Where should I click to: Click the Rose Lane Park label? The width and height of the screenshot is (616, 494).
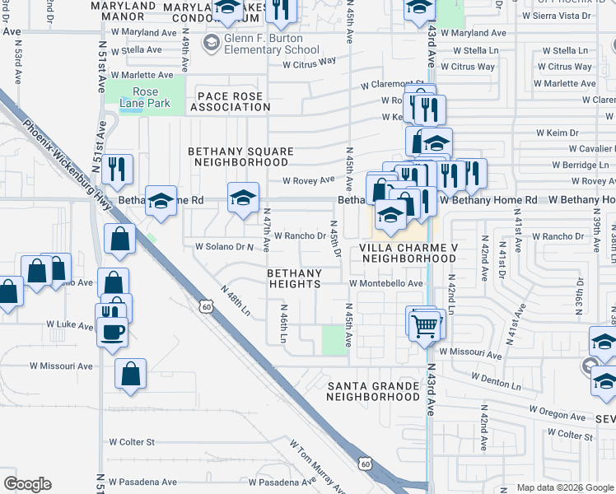pyautogui.click(x=147, y=97)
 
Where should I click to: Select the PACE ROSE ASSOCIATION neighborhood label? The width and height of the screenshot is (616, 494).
pyautogui.click(x=228, y=101)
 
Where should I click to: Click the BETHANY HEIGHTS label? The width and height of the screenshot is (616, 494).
pyautogui.click(x=293, y=278)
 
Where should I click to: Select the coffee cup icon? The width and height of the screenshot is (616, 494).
pyautogui.click(x=114, y=331)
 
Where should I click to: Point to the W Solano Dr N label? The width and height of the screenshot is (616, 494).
pyautogui.click(x=224, y=246)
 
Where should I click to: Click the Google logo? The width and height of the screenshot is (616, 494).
pyautogui.click(x=27, y=484)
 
